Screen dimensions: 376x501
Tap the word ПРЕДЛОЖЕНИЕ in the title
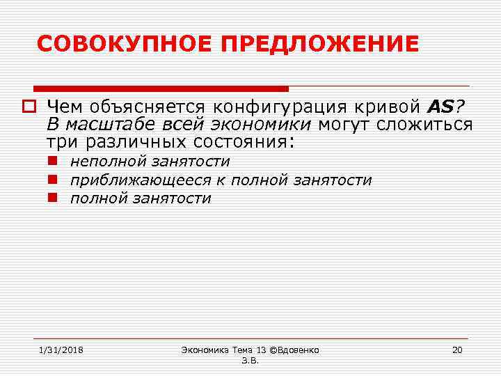[320, 44]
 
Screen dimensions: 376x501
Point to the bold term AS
[440, 107]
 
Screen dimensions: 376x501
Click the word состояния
[243, 143]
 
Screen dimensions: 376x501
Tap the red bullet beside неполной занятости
[53, 161]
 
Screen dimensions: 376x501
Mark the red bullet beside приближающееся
[53, 180]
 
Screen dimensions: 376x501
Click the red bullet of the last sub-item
[53, 198]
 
